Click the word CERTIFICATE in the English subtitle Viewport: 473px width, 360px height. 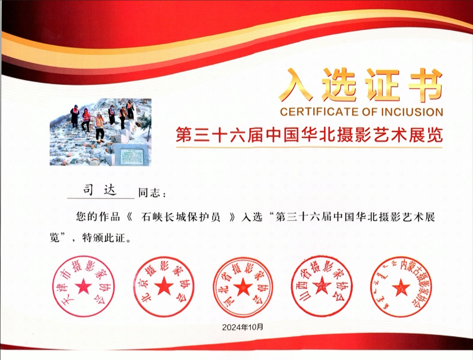tap(319, 112)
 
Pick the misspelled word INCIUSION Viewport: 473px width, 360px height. tap(412, 112)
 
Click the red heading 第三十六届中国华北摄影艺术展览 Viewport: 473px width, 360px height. tap(309, 134)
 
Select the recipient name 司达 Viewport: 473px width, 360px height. tap(99, 191)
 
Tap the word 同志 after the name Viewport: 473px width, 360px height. tap(149, 193)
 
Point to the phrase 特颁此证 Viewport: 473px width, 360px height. tap(103, 238)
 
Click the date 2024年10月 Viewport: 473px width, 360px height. tap(243, 327)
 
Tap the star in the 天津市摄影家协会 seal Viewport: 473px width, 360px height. tap(84, 286)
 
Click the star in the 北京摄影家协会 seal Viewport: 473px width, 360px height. tap(164, 286)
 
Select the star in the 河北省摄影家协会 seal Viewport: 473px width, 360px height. tap(243, 286)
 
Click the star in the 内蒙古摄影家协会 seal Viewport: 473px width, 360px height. tap(401, 287)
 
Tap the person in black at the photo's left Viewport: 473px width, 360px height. tap(75, 116)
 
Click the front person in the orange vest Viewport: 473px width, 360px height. tap(99, 127)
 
